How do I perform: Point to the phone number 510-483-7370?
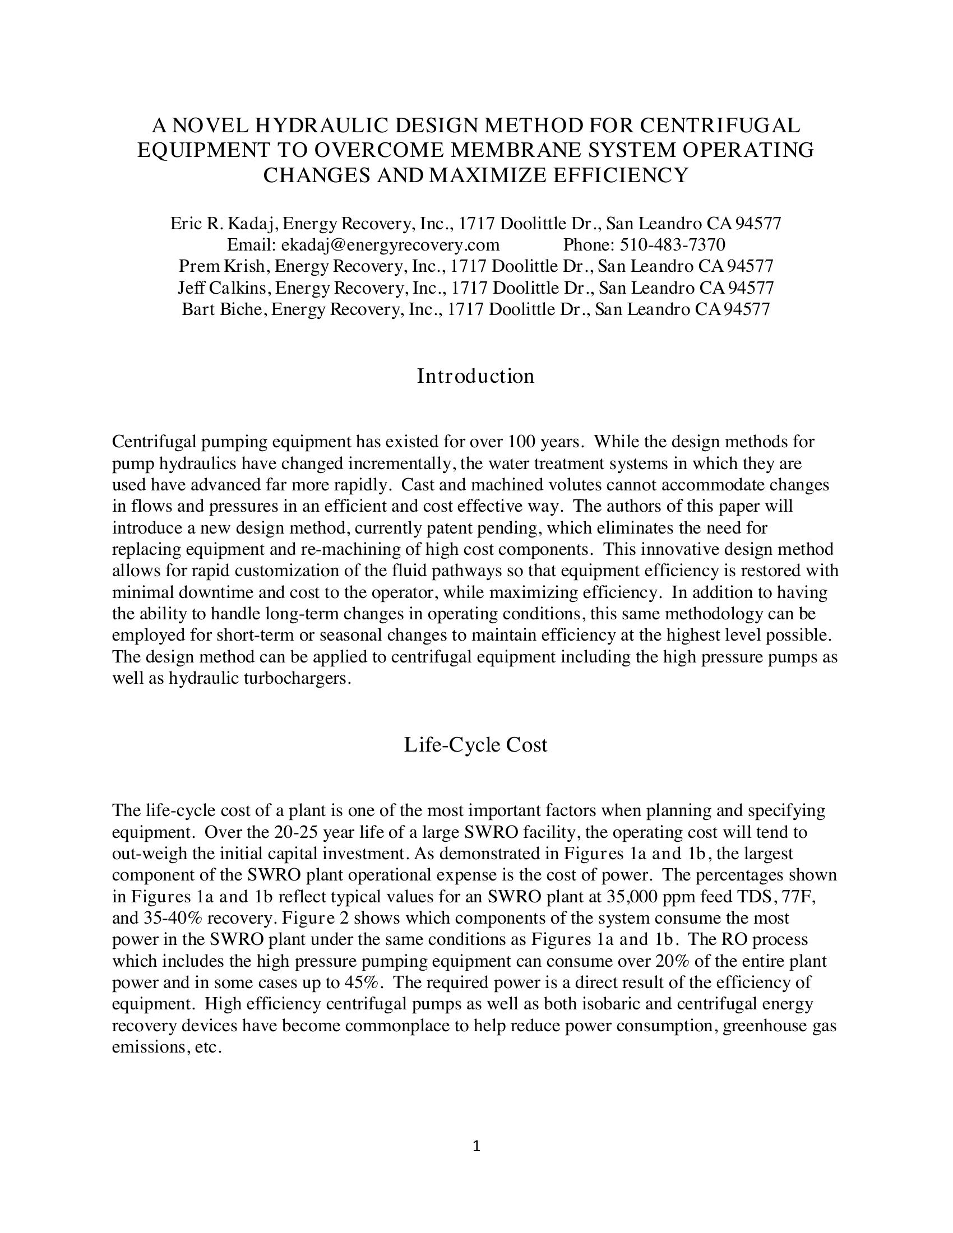[672, 244]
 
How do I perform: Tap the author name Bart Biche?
[224, 309]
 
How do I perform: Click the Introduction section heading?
[475, 376]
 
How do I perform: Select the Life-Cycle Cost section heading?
[475, 745]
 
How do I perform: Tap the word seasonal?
[350, 635]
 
